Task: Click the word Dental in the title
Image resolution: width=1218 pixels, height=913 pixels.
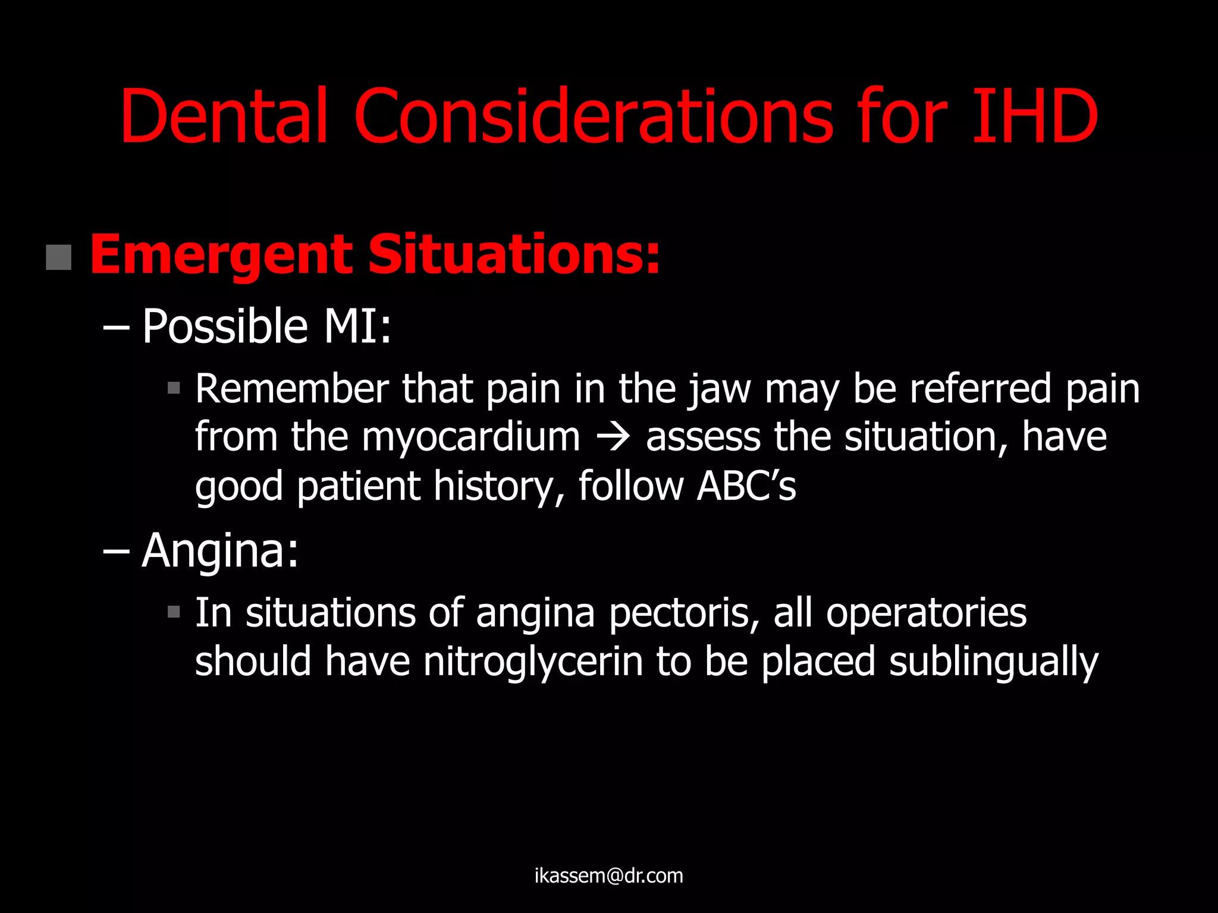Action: tap(224, 116)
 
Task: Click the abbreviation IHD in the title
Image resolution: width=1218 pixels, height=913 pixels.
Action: tap(1035, 116)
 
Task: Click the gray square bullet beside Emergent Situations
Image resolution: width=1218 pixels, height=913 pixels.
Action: tap(58, 257)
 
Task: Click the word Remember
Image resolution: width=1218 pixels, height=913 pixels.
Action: tap(291, 389)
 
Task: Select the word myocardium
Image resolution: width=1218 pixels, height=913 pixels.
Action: tap(470, 438)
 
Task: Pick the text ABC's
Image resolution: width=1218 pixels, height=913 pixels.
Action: tap(746, 486)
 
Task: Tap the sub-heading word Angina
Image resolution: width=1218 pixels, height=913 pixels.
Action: tap(220, 550)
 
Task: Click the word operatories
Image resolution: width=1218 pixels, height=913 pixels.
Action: tap(926, 613)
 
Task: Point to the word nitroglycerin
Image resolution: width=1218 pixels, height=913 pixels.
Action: tap(533, 662)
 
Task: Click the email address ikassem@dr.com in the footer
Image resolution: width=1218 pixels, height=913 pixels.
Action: tap(608, 876)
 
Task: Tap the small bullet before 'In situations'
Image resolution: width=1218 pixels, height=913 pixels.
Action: tap(174, 612)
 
